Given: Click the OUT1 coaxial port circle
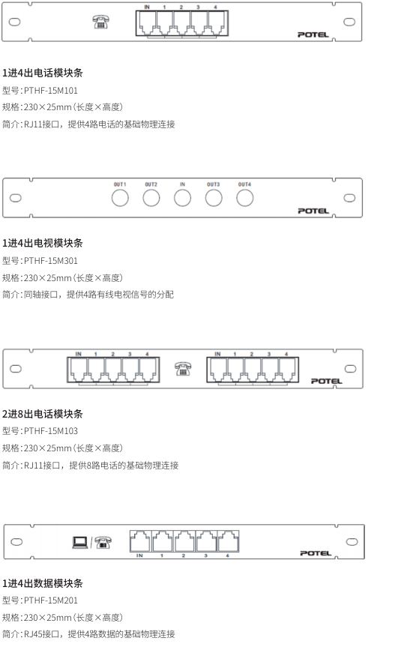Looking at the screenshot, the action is tap(120, 198).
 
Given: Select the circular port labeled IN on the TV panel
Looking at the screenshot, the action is tap(182, 198).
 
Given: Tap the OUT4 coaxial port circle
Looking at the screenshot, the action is tap(245, 198).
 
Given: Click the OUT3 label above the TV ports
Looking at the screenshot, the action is tap(213, 184).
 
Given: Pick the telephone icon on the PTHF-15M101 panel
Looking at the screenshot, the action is tap(101, 22).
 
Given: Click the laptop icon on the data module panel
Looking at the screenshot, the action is tap(80, 542).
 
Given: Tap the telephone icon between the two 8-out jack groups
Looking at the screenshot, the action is tap(183, 369).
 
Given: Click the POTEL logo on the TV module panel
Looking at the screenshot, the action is tap(313, 211).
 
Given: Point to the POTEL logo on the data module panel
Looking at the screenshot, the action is tap(316, 553).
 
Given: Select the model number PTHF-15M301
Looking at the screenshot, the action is tap(51, 260).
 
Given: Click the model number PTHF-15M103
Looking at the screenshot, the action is tap(51, 430).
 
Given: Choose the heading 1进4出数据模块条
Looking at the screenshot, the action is tap(42, 583).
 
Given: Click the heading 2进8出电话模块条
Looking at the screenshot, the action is tap(42, 414).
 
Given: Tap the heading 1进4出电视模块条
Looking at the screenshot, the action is tap(42, 243).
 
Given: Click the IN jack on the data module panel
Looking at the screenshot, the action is tap(140, 541).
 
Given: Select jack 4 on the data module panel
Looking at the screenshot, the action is tap(228, 541).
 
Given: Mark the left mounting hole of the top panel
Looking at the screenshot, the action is tap(15, 22).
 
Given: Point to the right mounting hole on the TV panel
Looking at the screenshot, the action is tap(349, 198).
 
